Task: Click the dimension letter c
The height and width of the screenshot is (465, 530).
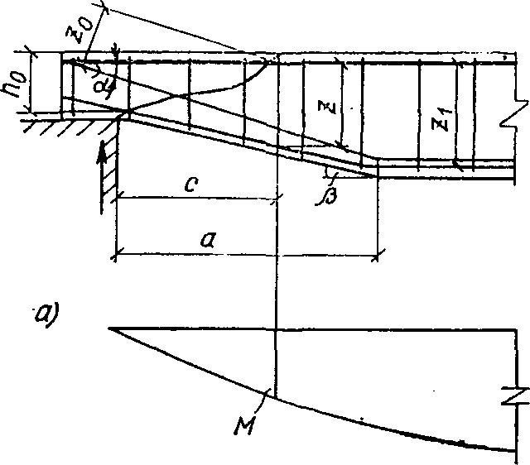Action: tap(191, 185)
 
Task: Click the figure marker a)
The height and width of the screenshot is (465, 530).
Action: tap(45, 312)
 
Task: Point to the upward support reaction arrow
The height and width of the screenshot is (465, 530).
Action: tap(102, 165)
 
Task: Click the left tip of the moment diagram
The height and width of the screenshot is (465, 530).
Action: tap(110, 329)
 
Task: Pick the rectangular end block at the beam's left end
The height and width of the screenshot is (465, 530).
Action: tap(47, 83)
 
